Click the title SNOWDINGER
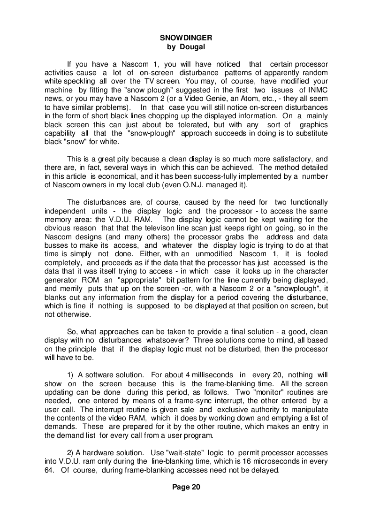186,37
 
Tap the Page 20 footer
186,487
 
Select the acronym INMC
318,90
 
